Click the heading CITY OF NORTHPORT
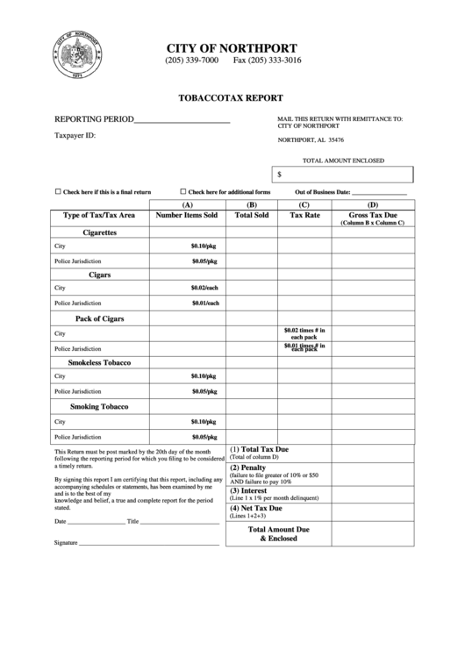(x=232, y=47)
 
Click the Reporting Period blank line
(x=182, y=120)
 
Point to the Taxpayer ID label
(x=75, y=136)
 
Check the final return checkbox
(x=58, y=191)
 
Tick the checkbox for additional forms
(x=183, y=191)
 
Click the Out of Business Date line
(x=379, y=192)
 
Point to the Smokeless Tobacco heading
(x=99, y=362)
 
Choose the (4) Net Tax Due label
(x=255, y=508)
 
